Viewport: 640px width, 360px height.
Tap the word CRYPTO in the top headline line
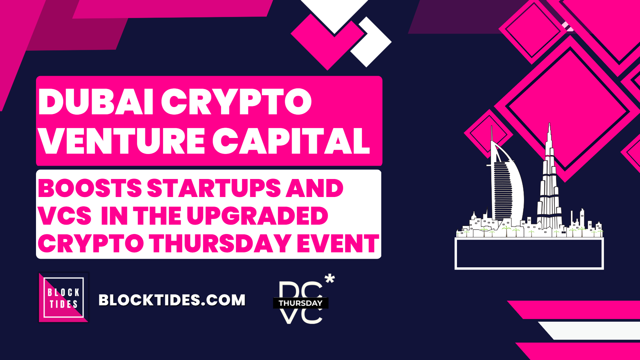tap(236, 102)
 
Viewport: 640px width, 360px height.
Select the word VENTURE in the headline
tap(122, 141)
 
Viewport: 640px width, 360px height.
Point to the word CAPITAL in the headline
tap(291, 141)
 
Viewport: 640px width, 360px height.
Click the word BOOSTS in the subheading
tap(90, 188)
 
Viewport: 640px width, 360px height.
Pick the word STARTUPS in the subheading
tap(214, 188)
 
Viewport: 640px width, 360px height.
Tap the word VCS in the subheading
tap(64, 216)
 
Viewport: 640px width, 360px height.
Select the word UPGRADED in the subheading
tap(257, 216)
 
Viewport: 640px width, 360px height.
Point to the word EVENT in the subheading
tap(338, 243)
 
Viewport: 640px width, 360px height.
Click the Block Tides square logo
tap(64, 298)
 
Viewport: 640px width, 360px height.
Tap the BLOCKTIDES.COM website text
tap(172, 300)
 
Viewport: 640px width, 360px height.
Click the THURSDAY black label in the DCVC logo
tap(301, 303)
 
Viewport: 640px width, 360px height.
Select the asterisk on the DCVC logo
tap(330, 279)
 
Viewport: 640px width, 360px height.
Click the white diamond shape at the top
tap(371, 42)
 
